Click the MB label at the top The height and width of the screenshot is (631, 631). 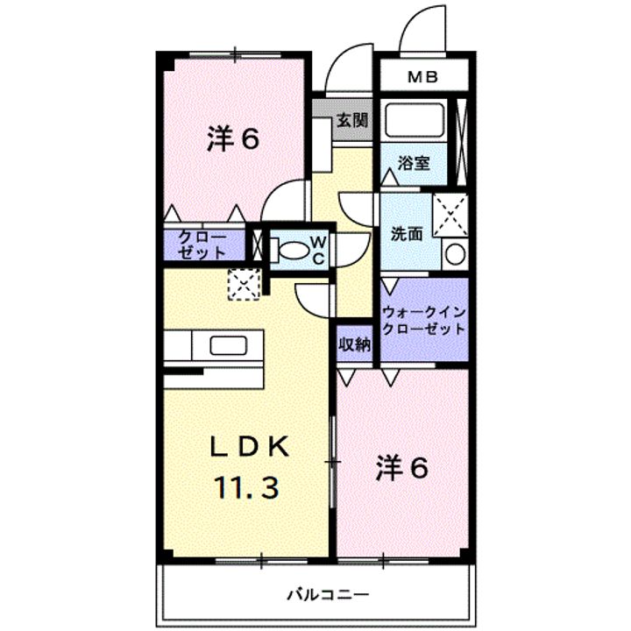pyautogui.click(x=424, y=78)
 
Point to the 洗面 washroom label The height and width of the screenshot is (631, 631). pyautogui.click(x=407, y=234)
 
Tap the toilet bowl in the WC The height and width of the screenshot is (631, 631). pyautogui.click(x=292, y=250)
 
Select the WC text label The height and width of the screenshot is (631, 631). pyautogui.click(x=318, y=249)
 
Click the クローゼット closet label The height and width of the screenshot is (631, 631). pyautogui.click(x=202, y=245)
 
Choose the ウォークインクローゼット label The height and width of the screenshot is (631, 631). pyautogui.click(x=424, y=320)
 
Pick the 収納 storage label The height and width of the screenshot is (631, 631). pyautogui.click(x=355, y=344)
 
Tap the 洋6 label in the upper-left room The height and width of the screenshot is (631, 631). pyautogui.click(x=233, y=139)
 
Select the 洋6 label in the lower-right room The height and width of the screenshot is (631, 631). pyautogui.click(x=402, y=469)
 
